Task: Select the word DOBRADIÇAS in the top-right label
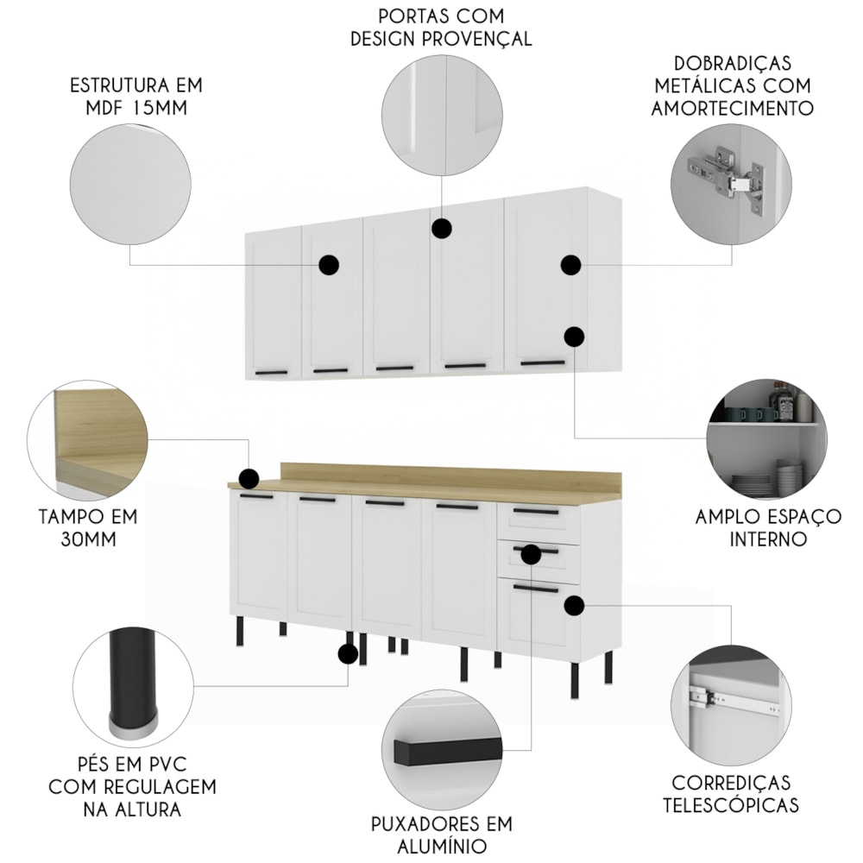pyautogui.click(x=733, y=63)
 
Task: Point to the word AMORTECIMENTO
pyautogui.click(x=733, y=108)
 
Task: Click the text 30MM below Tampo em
pyautogui.click(x=88, y=539)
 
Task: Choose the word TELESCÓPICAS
pyautogui.click(x=731, y=805)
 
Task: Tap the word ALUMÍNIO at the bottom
pyautogui.click(x=441, y=846)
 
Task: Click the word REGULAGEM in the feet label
pyautogui.click(x=161, y=787)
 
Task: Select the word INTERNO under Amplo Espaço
pyautogui.click(x=768, y=539)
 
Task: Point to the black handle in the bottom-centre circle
pyautogui.click(x=447, y=750)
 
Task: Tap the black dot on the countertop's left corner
pyautogui.click(x=249, y=479)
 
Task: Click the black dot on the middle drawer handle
pyautogui.click(x=531, y=554)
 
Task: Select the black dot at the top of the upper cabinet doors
pyautogui.click(x=441, y=228)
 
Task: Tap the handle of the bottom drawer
pyautogui.click(x=536, y=589)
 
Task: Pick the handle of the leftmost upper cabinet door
pyautogui.click(x=271, y=373)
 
